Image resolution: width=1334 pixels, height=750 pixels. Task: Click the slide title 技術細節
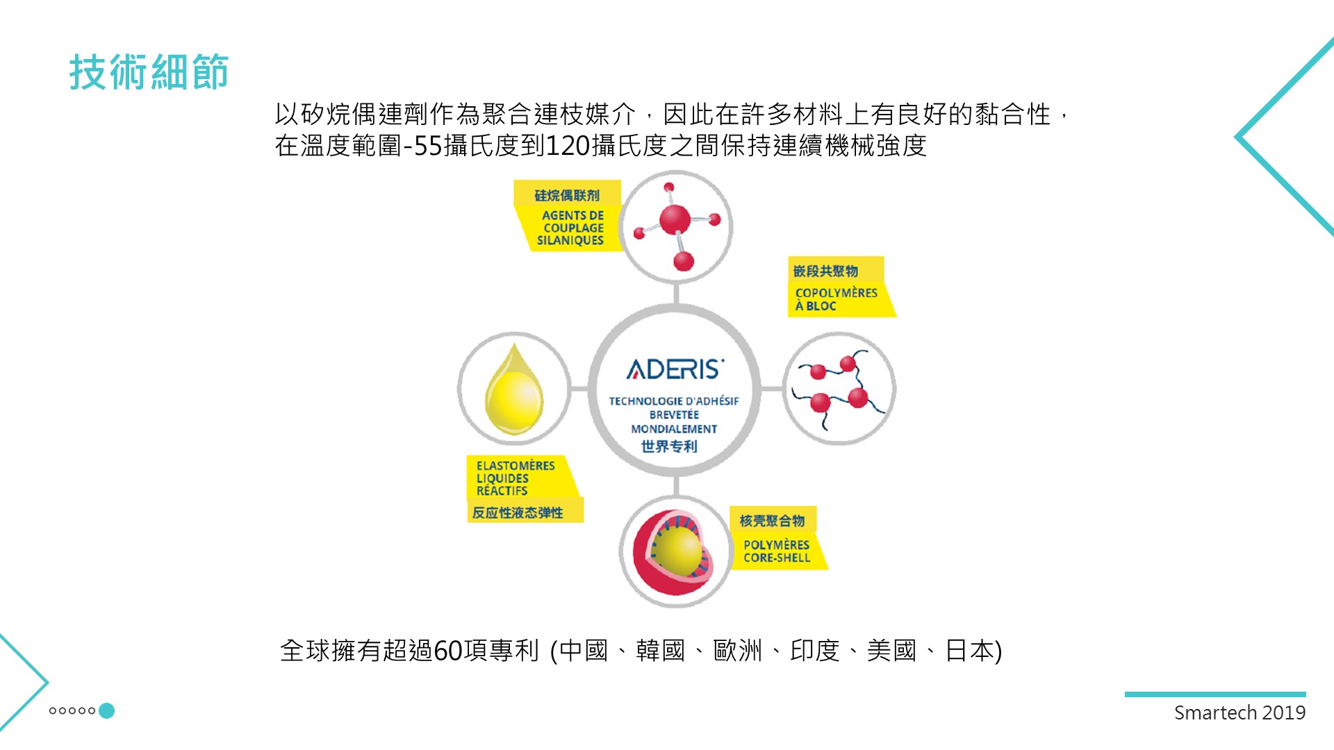[149, 72]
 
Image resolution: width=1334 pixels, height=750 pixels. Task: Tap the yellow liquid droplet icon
[513, 389]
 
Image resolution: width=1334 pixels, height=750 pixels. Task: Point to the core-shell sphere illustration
[673, 552]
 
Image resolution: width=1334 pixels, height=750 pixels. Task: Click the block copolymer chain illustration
[839, 390]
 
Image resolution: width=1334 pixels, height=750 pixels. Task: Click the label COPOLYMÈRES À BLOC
[836, 299]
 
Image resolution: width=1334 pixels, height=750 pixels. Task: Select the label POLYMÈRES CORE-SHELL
[777, 551]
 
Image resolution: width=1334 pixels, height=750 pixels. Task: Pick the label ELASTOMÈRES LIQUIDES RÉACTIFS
[515, 478]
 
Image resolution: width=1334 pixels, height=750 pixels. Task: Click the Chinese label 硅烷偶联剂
[566, 195]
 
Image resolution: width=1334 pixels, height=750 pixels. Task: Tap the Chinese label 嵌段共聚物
[825, 271]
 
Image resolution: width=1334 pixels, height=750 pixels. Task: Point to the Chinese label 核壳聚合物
[772, 520]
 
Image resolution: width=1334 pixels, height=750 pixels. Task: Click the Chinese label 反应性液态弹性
[518, 512]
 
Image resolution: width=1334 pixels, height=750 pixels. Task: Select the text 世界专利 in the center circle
[668, 446]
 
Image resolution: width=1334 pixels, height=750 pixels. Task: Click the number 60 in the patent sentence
[448, 651]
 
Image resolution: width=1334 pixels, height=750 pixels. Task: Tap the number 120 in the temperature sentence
[568, 146]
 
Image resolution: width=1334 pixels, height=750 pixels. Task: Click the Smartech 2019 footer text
[1240, 712]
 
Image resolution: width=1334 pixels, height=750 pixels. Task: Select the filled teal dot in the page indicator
[106, 710]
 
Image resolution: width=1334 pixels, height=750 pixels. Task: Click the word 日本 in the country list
[970, 651]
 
